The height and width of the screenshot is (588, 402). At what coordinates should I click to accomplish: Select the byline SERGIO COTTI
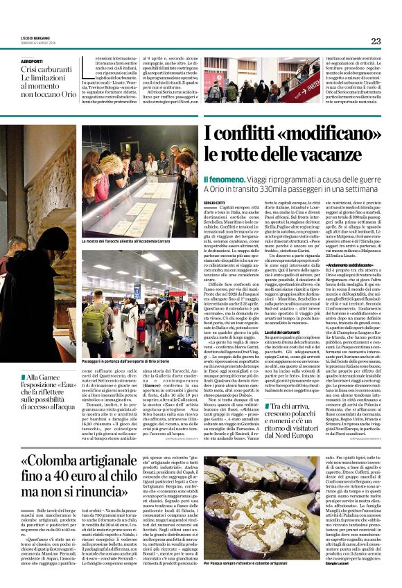pyautogui.click(x=215, y=202)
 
